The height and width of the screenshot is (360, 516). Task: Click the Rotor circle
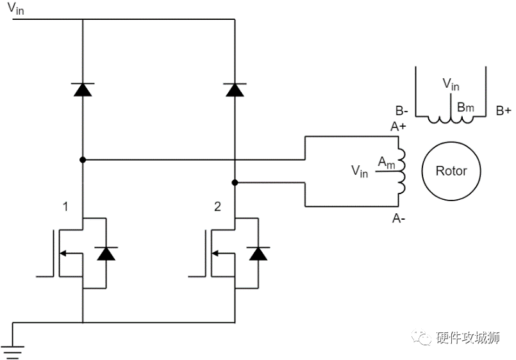(451, 171)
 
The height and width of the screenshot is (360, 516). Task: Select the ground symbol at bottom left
(13, 350)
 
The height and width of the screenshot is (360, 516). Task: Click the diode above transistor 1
(83, 90)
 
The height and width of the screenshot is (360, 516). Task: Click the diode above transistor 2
(235, 90)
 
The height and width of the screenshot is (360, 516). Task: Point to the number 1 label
(65, 206)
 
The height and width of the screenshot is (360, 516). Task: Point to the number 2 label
(217, 206)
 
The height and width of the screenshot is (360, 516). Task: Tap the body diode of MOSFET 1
(106, 253)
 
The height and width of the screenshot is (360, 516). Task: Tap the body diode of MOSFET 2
(258, 253)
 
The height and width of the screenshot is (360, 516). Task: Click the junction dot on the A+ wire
(83, 159)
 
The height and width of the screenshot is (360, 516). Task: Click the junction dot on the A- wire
(235, 183)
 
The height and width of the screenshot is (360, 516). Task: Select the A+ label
(398, 127)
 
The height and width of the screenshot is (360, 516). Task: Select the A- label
(398, 219)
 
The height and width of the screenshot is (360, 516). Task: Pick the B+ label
(503, 110)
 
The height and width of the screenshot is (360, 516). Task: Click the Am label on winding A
(385, 163)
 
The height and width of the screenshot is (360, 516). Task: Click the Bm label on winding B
(465, 107)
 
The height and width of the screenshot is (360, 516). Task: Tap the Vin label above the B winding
(451, 84)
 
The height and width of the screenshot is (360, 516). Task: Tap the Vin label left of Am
(359, 171)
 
